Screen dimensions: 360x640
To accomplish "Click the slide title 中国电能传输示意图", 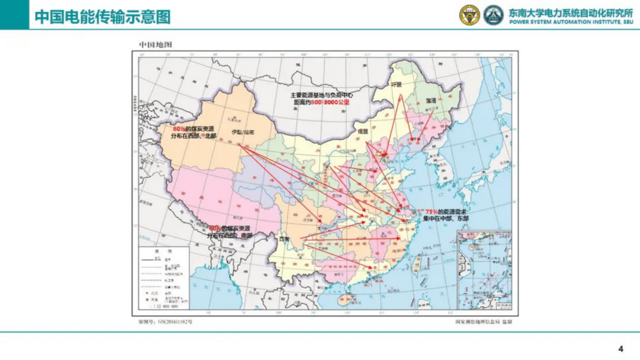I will [102, 17].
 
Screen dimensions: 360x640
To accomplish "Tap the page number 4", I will [621, 349].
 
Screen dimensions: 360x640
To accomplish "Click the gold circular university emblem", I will [469, 15].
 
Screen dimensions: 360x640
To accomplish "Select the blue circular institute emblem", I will [493, 15].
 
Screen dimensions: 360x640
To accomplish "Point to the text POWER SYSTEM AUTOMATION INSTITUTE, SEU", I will [571, 22].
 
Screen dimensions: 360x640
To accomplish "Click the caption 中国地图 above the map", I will [155, 44].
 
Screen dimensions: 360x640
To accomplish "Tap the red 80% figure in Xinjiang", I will [179, 129].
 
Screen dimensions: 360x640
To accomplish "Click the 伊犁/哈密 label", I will [243, 132].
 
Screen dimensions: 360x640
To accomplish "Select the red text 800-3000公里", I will [330, 103].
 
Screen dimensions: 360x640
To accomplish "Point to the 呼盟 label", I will [396, 85].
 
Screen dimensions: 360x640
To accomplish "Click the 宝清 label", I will [431, 100].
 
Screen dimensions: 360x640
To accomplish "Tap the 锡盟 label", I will [363, 132].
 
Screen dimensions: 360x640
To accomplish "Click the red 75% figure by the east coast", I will [431, 211].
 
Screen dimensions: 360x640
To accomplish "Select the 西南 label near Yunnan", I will [284, 239].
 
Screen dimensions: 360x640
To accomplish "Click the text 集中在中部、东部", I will [446, 218].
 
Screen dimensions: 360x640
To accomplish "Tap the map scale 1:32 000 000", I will [165, 306].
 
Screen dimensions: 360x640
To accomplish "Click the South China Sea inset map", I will [484, 270].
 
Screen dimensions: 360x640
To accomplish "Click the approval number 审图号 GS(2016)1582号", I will [165, 322].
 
